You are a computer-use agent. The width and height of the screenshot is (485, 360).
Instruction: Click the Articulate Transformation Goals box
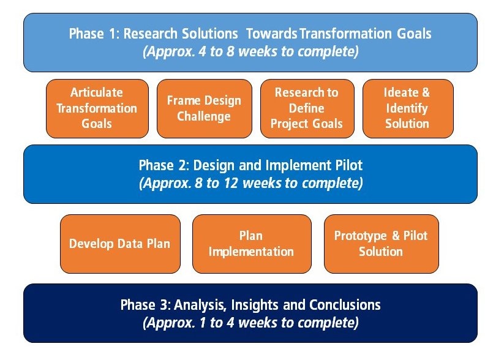click(x=97, y=108)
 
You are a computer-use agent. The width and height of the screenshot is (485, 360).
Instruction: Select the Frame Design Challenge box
click(x=205, y=108)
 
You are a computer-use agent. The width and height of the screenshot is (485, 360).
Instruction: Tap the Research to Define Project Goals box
click(x=307, y=108)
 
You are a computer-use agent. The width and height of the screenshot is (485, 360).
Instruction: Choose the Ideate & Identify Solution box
click(x=408, y=108)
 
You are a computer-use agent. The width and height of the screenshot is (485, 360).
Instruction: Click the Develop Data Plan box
click(x=120, y=244)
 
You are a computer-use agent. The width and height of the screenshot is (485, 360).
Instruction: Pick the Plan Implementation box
click(x=252, y=244)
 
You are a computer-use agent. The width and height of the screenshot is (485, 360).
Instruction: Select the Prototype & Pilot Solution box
click(x=382, y=244)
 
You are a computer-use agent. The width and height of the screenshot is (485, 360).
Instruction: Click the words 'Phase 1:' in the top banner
click(x=94, y=34)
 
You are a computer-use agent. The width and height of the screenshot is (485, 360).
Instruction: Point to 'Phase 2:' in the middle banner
click(x=164, y=165)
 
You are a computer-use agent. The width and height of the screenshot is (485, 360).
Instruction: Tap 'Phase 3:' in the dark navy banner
click(x=146, y=305)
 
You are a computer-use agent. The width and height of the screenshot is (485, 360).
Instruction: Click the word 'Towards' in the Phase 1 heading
click(x=272, y=34)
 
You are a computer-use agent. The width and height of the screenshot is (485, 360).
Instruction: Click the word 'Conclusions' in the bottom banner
click(x=345, y=305)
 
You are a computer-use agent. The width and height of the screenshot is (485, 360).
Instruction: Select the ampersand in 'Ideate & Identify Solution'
click(x=426, y=92)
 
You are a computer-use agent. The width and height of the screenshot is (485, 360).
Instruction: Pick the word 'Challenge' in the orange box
click(x=204, y=116)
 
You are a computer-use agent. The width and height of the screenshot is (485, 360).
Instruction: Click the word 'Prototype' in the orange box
click(x=361, y=236)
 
